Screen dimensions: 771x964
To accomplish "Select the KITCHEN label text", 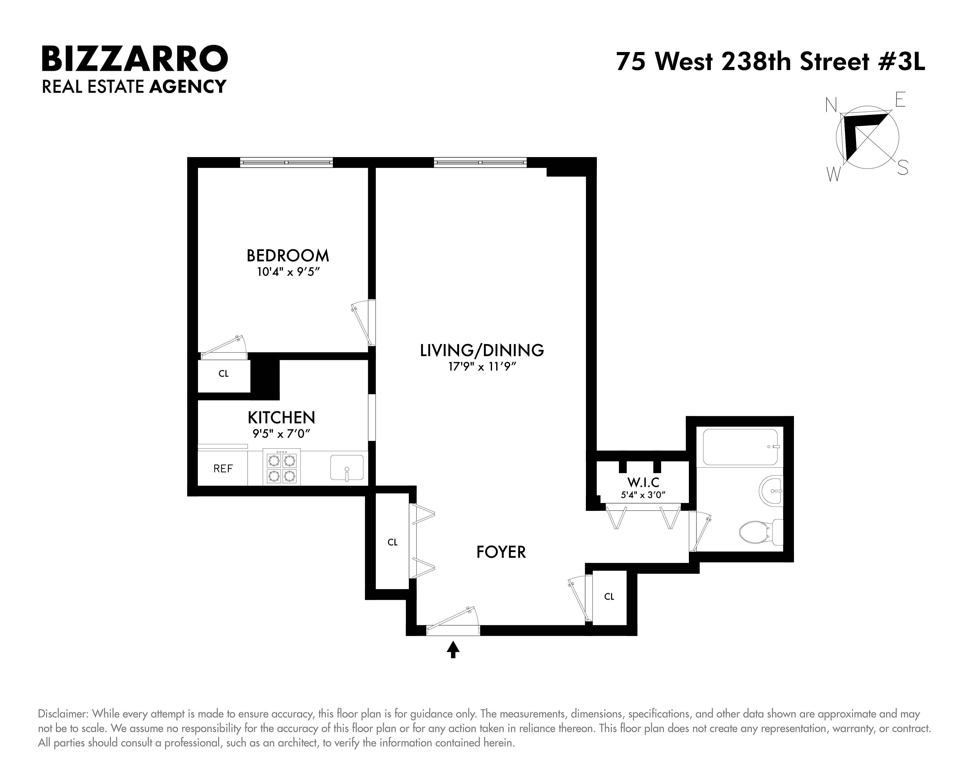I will click(x=281, y=417).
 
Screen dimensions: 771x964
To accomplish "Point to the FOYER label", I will click(x=501, y=552).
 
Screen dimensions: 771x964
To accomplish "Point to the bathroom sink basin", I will click(x=770, y=490).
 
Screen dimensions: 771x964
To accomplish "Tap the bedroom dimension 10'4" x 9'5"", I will click(x=288, y=272).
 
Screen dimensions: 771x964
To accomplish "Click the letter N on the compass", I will click(x=831, y=106).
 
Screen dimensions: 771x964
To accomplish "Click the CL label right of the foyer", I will click(x=609, y=597).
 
